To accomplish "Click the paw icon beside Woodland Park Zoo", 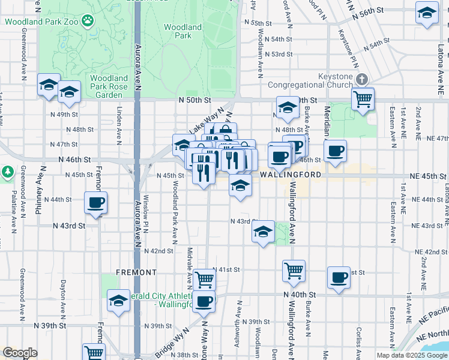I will pos(88,21).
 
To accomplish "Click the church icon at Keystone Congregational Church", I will pos(361,79).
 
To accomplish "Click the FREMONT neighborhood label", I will pos(136,272).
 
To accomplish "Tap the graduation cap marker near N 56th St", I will pos(427,13).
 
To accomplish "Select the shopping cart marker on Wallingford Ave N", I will pos(294,271).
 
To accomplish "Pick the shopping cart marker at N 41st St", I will pos(204,278).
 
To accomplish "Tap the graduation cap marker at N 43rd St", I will pos(262,232).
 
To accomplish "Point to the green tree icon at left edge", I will pos(7,172).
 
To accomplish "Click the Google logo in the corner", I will pos(20,353).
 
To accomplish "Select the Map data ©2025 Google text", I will pos(411,355).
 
